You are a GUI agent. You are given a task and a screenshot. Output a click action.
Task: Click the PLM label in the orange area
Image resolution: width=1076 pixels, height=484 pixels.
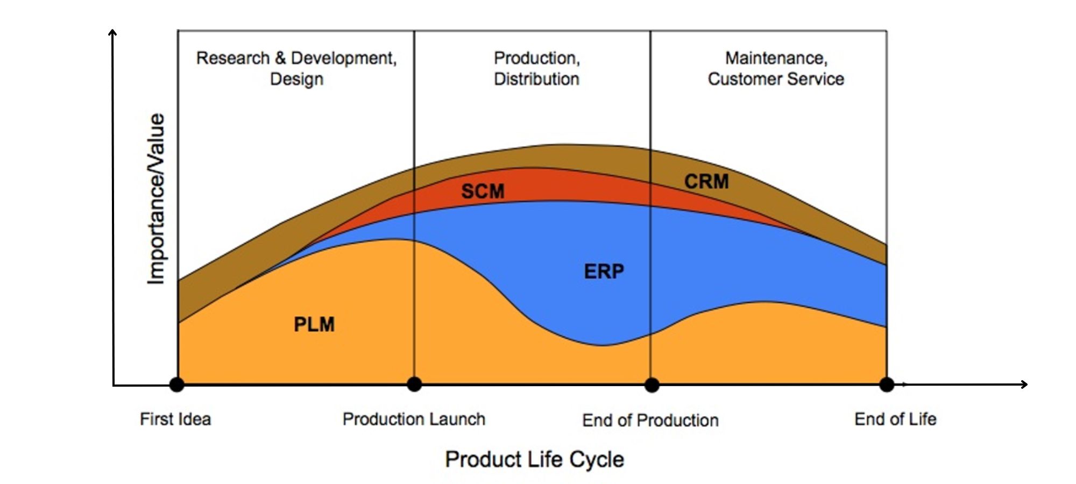[x=314, y=324]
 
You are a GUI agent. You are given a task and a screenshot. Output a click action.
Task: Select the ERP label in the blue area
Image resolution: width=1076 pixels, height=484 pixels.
[x=604, y=272]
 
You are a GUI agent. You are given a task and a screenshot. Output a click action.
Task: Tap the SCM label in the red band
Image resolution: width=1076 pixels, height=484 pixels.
[x=483, y=191]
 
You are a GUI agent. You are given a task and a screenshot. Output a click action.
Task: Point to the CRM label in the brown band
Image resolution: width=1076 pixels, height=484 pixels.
[x=706, y=182]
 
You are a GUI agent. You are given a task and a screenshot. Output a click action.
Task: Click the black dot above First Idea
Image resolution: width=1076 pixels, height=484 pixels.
[x=177, y=385]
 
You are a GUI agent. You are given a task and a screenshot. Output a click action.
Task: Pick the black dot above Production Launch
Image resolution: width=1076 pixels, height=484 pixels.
[x=414, y=385]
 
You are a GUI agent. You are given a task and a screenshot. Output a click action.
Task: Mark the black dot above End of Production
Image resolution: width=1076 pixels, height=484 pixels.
[x=652, y=385]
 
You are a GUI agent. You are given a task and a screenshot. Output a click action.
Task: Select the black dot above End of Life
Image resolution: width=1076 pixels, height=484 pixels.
[x=887, y=385]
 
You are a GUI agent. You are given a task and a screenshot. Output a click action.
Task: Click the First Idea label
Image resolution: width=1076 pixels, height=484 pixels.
[x=175, y=419]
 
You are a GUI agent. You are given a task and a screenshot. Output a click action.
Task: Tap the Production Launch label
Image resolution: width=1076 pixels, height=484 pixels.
[x=414, y=419]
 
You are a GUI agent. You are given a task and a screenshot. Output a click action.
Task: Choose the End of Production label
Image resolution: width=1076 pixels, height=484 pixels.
[x=650, y=420]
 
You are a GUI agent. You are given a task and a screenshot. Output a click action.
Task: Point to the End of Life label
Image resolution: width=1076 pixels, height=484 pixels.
[x=895, y=419]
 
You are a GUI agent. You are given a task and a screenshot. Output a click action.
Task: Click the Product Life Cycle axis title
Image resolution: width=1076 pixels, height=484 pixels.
[x=534, y=460]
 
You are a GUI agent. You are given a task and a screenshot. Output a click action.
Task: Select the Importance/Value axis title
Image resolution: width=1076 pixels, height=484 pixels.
[x=156, y=198]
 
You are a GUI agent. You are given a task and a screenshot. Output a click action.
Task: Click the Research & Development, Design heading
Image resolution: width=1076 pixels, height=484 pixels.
[x=296, y=68]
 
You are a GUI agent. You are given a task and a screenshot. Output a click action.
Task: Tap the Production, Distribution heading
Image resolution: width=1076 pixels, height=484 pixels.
[x=536, y=68]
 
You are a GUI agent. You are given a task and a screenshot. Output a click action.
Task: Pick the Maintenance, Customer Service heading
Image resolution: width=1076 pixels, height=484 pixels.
[x=776, y=68]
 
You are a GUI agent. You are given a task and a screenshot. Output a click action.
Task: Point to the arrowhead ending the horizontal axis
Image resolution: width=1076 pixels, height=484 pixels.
[x=1024, y=384]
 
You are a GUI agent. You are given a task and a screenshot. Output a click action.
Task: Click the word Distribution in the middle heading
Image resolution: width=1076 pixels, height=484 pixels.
[x=536, y=79]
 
